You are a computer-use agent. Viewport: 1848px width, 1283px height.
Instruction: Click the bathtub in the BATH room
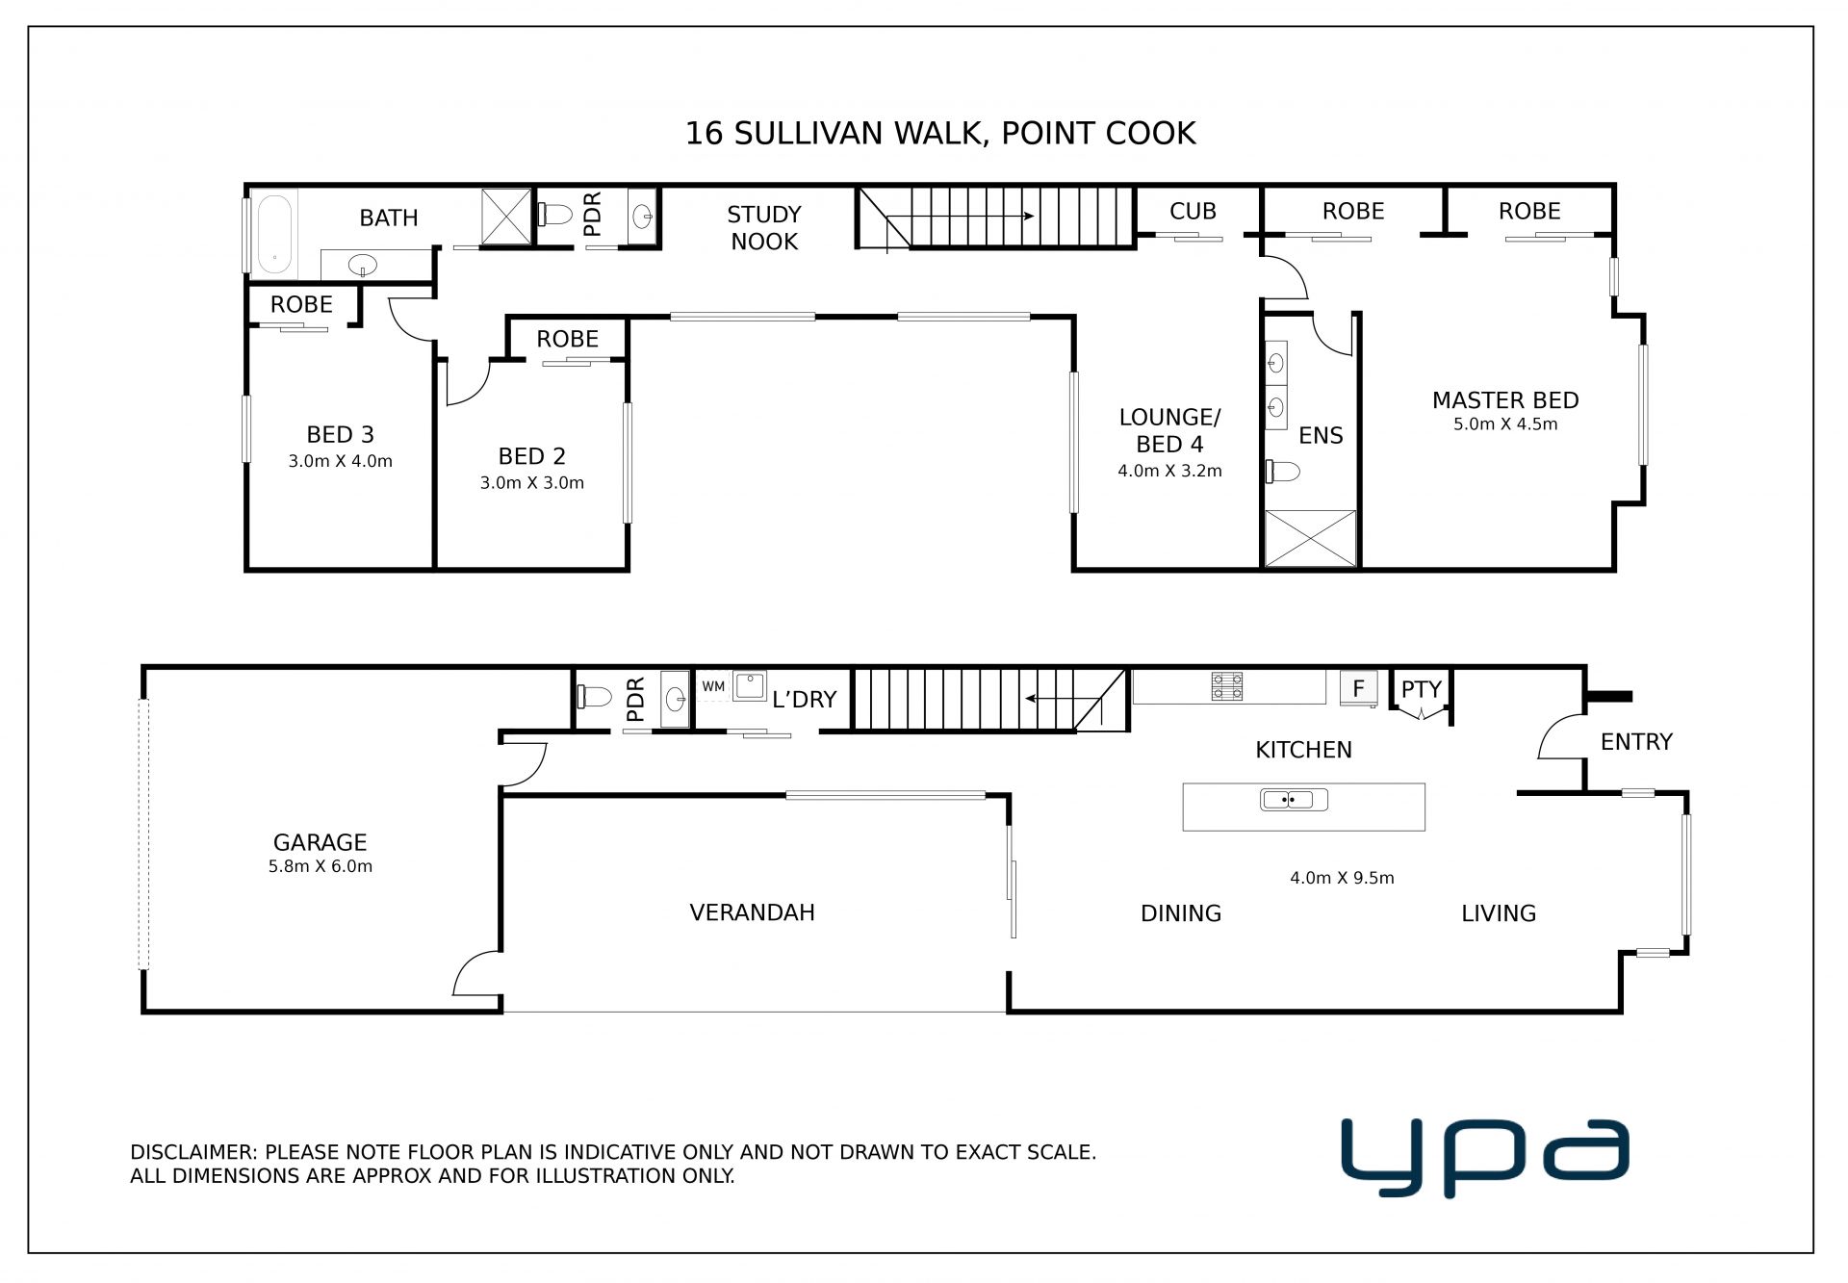(x=275, y=233)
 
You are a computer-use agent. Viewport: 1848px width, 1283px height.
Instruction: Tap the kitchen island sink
(x=1294, y=799)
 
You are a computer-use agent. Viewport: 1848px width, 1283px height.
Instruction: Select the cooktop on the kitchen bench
(x=1227, y=686)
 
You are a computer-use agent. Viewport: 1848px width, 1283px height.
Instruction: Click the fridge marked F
(x=1358, y=688)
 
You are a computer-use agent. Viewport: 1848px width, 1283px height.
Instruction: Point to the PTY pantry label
(x=1421, y=689)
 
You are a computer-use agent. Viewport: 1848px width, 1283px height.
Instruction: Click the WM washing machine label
(x=713, y=686)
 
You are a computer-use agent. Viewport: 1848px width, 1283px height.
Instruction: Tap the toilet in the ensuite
(x=1283, y=472)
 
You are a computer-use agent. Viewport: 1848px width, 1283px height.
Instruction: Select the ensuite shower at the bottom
(x=1310, y=538)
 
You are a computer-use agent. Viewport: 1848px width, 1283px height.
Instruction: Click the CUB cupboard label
(x=1193, y=211)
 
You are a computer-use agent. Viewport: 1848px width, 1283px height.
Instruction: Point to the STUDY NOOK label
(x=764, y=228)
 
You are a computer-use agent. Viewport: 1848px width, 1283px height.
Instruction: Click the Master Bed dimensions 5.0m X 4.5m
(x=1505, y=424)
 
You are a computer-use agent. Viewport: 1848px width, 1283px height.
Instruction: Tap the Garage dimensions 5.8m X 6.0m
(x=321, y=866)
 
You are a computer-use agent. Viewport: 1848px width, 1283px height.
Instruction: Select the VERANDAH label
(x=752, y=912)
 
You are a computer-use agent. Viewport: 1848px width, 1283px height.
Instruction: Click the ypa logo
(x=1484, y=1158)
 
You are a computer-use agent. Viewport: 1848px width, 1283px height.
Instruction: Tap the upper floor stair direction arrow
(x=972, y=216)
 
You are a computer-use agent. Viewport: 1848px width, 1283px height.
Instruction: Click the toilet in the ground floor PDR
(x=594, y=696)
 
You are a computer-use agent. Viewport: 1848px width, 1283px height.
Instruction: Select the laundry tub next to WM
(x=750, y=685)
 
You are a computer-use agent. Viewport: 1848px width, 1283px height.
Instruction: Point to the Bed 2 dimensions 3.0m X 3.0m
(x=532, y=483)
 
